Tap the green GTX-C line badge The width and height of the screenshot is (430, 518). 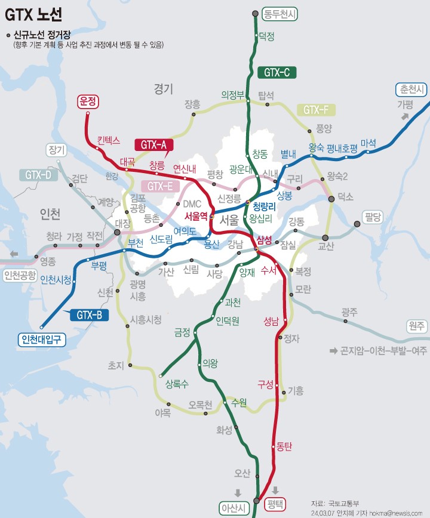click(277, 73)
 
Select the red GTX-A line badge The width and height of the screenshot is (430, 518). click(153, 144)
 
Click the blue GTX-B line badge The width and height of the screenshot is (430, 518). click(89, 314)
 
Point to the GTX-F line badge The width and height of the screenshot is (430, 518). click(315, 110)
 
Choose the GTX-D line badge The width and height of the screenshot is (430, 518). click(38, 175)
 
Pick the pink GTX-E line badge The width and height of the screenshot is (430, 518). click(159, 186)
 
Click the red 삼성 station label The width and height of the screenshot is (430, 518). click(263, 239)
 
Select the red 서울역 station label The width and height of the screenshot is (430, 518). click(196, 216)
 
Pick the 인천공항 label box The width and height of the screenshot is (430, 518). click(20, 276)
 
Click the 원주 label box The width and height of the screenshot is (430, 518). click(416, 325)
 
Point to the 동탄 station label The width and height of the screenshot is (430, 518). click(284, 446)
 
